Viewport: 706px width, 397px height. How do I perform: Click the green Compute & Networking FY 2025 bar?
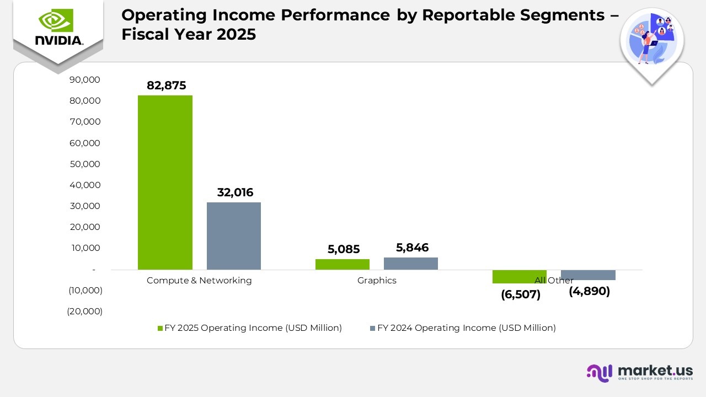pos(165,182)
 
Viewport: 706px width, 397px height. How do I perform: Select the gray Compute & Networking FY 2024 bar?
pos(234,236)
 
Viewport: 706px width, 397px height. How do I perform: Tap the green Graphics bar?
pos(343,264)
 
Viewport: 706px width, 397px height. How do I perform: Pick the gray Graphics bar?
pos(411,264)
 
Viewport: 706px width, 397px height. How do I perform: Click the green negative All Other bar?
pos(519,277)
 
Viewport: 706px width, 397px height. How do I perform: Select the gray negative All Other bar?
pos(588,275)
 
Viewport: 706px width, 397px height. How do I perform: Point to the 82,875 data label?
pos(166,85)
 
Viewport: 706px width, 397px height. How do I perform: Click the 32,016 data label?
pos(235,192)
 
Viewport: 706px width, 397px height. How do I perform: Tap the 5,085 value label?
pos(343,249)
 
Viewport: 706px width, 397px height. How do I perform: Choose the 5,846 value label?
pos(412,248)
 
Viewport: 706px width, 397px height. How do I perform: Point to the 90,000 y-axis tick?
pos(85,80)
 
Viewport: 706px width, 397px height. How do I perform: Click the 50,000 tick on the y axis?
pos(85,164)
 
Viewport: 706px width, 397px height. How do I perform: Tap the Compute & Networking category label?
pos(199,280)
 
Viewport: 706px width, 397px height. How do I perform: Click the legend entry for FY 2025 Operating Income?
pos(250,328)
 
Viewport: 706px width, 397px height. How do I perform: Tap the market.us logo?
pos(640,372)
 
